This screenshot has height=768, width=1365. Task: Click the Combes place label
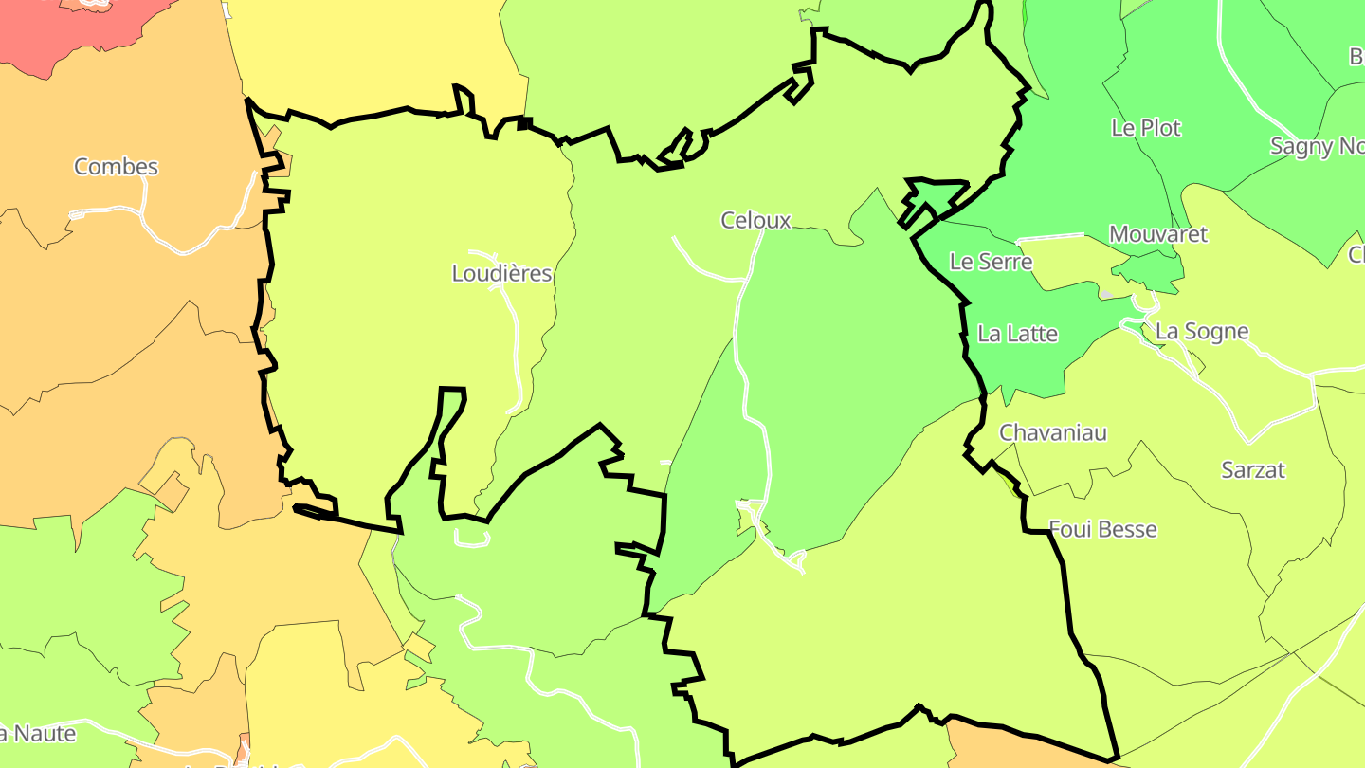click(x=116, y=167)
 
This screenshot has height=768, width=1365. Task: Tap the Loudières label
click(x=501, y=274)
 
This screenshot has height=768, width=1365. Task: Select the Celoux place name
click(x=755, y=221)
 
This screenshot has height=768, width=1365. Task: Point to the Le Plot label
click(x=1146, y=128)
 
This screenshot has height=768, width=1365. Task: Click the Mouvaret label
click(x=1158, y=234)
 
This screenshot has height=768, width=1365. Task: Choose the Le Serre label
click(x=991, y=262)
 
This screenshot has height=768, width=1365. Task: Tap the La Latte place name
click(x=1017, y=334)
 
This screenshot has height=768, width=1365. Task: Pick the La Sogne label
click(x=1202, y=332)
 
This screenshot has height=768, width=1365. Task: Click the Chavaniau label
click(x=1053, y=432)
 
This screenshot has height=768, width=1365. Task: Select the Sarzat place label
click(x=1253, y=469)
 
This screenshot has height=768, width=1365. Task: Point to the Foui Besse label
click(x=1103, y=529)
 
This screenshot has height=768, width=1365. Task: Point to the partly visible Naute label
click(x=38, y=733)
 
